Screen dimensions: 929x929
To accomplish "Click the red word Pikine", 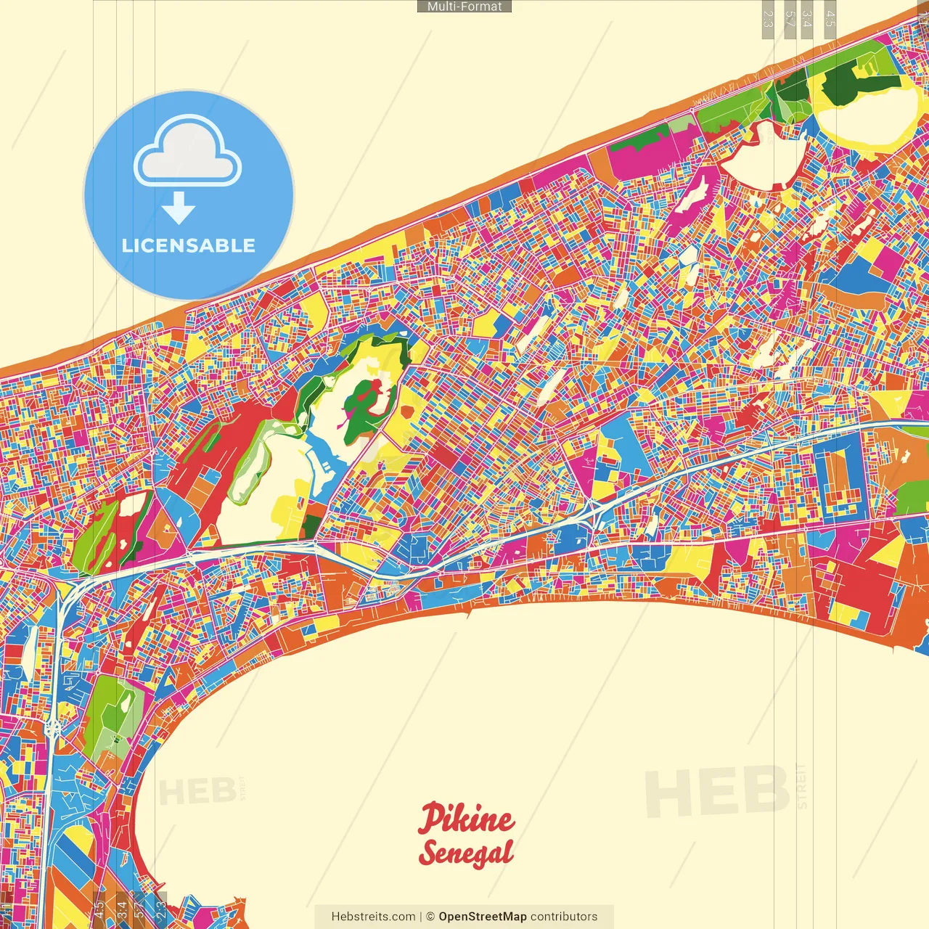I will (466, 819).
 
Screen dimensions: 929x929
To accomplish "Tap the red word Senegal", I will (466, 852).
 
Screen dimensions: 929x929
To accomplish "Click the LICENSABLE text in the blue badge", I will (189, 245).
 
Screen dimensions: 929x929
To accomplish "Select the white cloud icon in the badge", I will (188, 155).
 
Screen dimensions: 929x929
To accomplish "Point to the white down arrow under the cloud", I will (179, 209).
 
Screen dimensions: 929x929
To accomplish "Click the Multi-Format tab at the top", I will (464, 7).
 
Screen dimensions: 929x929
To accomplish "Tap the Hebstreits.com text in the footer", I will (373, 917).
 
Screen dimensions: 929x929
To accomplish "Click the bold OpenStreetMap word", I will (482, 917).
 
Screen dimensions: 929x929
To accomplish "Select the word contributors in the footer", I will (564, 917).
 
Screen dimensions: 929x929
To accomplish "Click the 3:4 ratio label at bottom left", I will (121, 907).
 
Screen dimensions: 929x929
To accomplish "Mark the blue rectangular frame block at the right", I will (840, 479).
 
